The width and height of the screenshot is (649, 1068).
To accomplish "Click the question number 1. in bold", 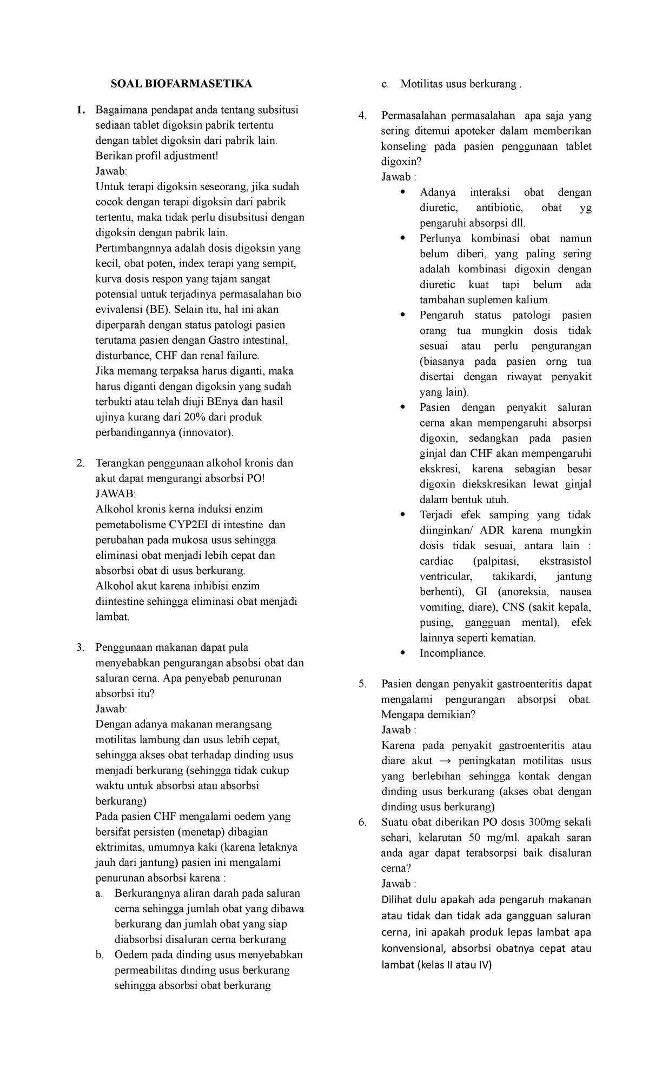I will pyautogui.click(x=81, y=110).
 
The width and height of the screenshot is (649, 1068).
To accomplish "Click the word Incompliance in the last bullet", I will pyautogui.click(x=452, y=653).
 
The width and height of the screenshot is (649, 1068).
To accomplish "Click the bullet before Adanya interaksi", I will pyautogui.click(x=401, y=192).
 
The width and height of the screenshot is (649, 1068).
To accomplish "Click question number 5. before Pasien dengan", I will pyautogui.click(x=363, y=684).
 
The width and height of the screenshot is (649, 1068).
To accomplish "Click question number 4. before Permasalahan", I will pyautogui.click(x=363, y=116).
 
